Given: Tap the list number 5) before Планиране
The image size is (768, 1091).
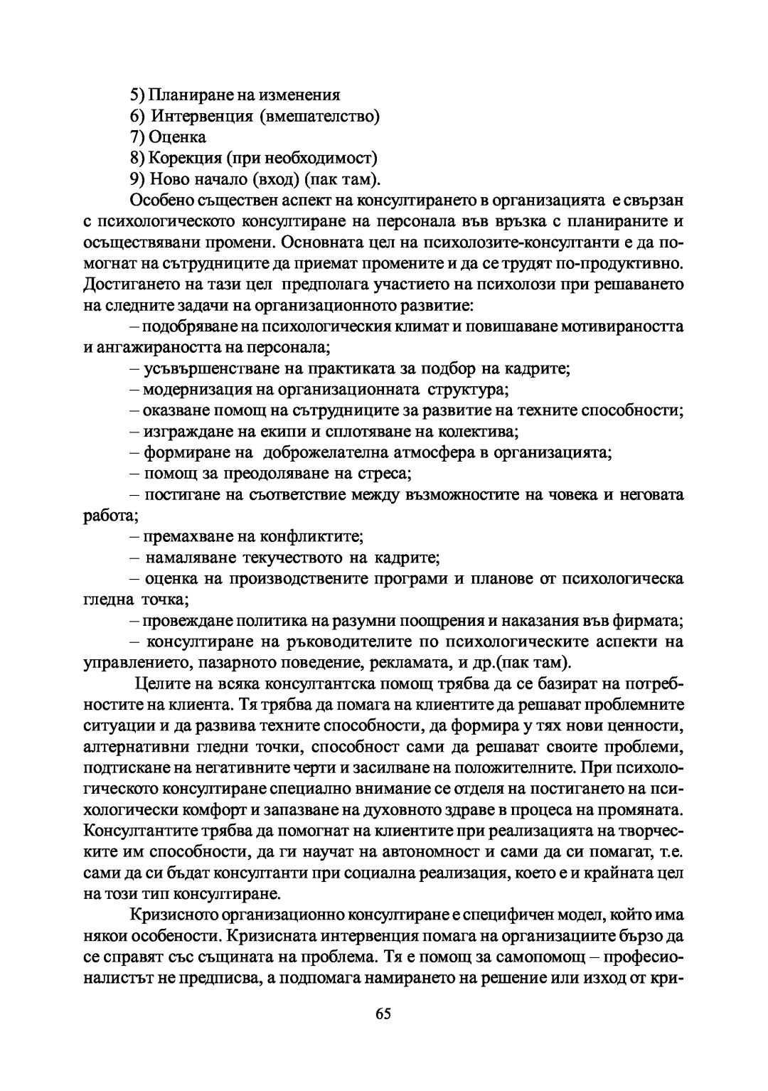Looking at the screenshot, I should (138, 95).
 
